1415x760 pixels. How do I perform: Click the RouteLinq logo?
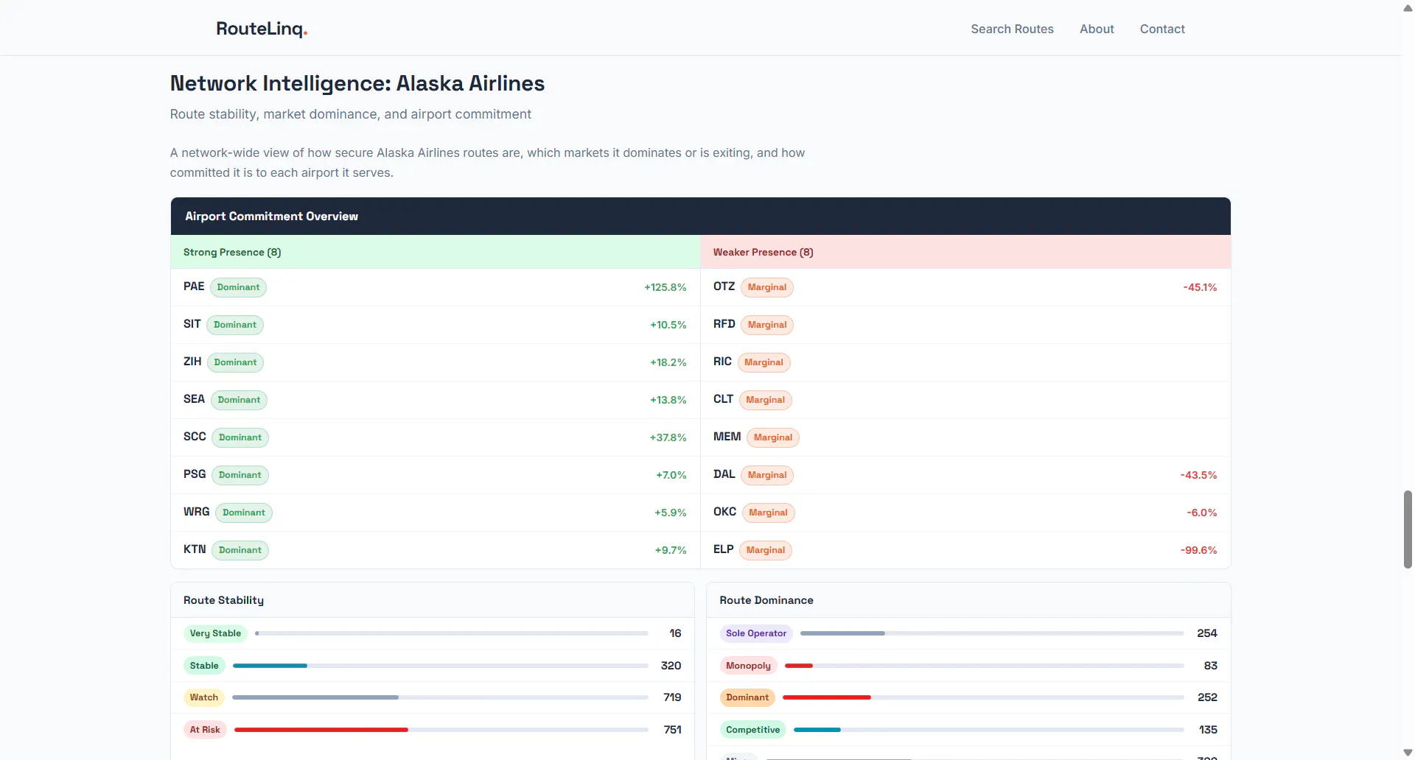point(262,29)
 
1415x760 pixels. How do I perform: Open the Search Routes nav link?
point(1012,29)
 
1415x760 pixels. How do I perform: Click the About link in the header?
point(1097,29)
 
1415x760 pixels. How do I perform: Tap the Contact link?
point(1162,29)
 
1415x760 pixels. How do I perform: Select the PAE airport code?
point(194,286)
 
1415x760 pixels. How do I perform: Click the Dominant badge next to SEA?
point(239,400)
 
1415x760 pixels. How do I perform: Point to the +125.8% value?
point(665,287)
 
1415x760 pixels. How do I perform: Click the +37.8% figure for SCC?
point(668,437)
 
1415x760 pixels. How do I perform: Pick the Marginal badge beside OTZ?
point(767,287)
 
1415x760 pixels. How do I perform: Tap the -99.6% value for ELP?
point(1198,550)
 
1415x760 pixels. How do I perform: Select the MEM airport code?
point(727,437)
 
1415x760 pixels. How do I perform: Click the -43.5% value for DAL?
point(1198,475)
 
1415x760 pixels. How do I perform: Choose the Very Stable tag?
point(215,633)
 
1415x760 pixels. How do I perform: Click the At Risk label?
point(205,730)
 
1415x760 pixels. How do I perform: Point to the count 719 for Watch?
point(672,697)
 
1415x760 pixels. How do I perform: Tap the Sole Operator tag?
point(756,633)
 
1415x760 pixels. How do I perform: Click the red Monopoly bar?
point(799,666)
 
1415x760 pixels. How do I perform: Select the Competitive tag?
point(752,730)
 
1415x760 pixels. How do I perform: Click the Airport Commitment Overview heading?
point(271,217)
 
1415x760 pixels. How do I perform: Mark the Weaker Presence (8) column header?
point(763,252)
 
